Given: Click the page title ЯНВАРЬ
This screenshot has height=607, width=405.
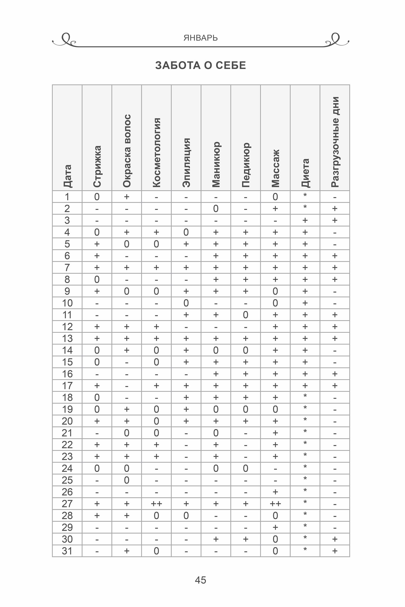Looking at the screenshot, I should point(200,38).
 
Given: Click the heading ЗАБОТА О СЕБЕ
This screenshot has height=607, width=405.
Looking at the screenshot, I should point(200,65).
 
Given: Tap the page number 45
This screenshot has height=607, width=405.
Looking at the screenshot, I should point(200,580).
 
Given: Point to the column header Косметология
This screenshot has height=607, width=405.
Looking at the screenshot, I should point(156,152).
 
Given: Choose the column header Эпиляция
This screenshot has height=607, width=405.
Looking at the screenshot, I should point(186,162).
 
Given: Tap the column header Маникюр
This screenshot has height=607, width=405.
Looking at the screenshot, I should point(216,164).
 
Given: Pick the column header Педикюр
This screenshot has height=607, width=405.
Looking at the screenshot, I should point(246,165).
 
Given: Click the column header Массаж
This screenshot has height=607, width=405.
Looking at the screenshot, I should point(275,168).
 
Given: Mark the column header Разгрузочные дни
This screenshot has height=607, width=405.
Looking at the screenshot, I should point(335,142).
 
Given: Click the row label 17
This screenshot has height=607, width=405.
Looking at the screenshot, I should point(67,386).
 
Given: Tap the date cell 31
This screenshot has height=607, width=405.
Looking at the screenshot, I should point(67,551).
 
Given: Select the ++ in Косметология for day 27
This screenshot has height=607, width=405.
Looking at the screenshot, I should point(156,504).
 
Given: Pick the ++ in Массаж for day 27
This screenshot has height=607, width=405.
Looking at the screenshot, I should point(275,504).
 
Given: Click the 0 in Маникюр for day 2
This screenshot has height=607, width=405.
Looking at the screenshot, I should point(216,208).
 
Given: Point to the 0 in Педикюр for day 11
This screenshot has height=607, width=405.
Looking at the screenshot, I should point(246,315).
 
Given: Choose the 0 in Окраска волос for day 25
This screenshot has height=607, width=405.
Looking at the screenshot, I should point(127,480).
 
